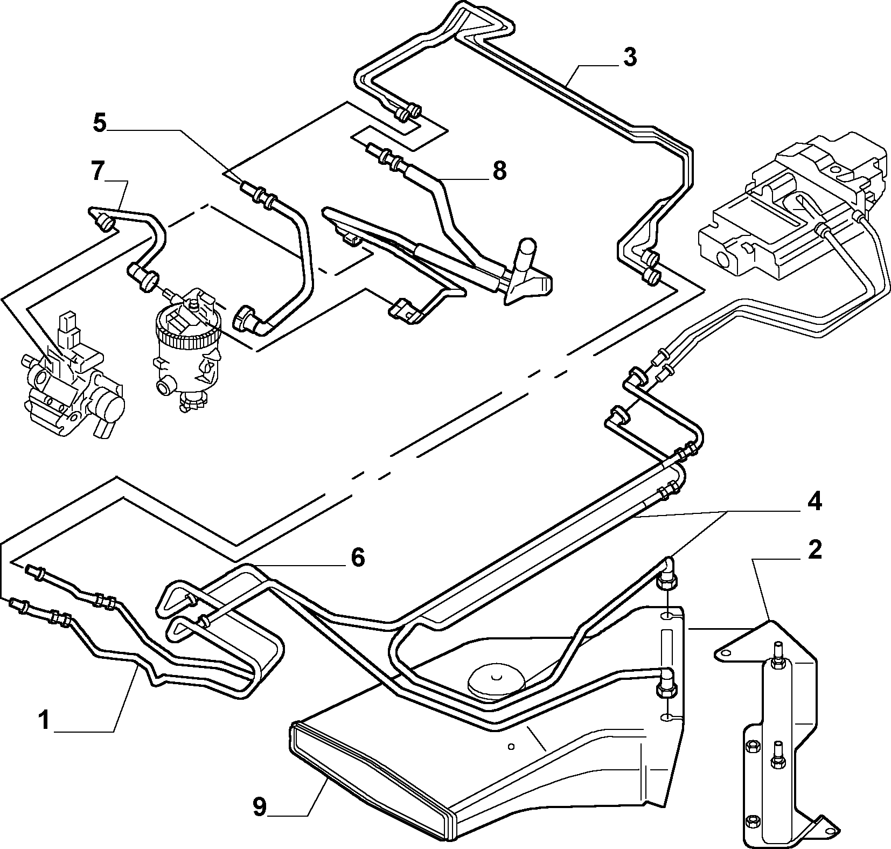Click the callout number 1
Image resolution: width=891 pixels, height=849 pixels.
click(x=44, y=720)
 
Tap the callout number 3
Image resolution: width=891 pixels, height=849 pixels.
click(x=629, y=57)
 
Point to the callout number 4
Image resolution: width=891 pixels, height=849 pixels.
click(x=813, y=502)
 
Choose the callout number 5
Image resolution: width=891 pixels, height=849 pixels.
click(x=100, y=123)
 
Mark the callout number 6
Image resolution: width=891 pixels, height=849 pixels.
click(x=358, y=558)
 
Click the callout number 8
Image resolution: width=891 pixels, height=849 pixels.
click(x=499, y=171)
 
